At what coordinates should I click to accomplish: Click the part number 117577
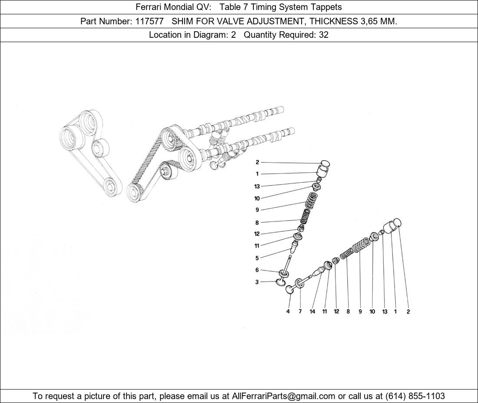149,21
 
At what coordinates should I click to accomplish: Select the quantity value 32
323,35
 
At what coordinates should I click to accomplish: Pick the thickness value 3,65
369,21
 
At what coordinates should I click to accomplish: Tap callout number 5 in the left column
257,258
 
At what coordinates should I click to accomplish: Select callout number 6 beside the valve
257,270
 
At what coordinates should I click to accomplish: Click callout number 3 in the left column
257,282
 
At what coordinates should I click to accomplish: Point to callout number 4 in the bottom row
288,311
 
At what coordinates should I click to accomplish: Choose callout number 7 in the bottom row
300,311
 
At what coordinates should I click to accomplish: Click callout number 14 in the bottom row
312,311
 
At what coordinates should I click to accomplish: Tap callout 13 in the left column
257,186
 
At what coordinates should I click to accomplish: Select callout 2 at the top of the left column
257,162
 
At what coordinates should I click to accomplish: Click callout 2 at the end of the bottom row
408,311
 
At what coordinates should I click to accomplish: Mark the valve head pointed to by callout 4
289,289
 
